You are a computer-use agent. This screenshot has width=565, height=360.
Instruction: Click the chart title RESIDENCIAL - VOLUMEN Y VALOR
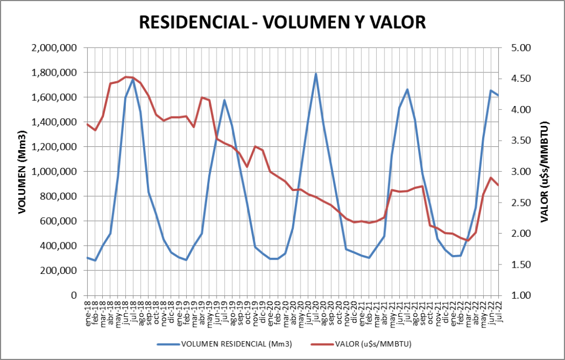click(282, 22)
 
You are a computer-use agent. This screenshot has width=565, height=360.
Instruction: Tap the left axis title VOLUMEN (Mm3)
click(22, 172)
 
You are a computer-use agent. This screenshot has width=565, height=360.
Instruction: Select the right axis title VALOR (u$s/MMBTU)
click(544, 172)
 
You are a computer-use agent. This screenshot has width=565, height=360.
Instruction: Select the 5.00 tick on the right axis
click(518, 48)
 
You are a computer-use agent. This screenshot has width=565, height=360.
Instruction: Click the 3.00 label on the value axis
click(518, 172)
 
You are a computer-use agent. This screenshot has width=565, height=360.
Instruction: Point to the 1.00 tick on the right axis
click(518, 295)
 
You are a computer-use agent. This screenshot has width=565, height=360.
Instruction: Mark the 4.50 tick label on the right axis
click(518, 79)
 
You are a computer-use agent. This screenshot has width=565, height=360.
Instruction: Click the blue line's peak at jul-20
click(316, 74)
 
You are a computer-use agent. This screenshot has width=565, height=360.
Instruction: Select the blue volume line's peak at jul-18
click(133, 80)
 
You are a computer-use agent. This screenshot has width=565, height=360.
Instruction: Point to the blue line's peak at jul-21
click(407, 89)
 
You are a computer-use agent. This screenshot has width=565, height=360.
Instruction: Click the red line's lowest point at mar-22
click(468, 240)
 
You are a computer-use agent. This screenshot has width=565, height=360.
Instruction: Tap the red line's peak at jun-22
click(490, 178)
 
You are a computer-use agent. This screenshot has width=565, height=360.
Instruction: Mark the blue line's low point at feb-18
click(95, 261)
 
